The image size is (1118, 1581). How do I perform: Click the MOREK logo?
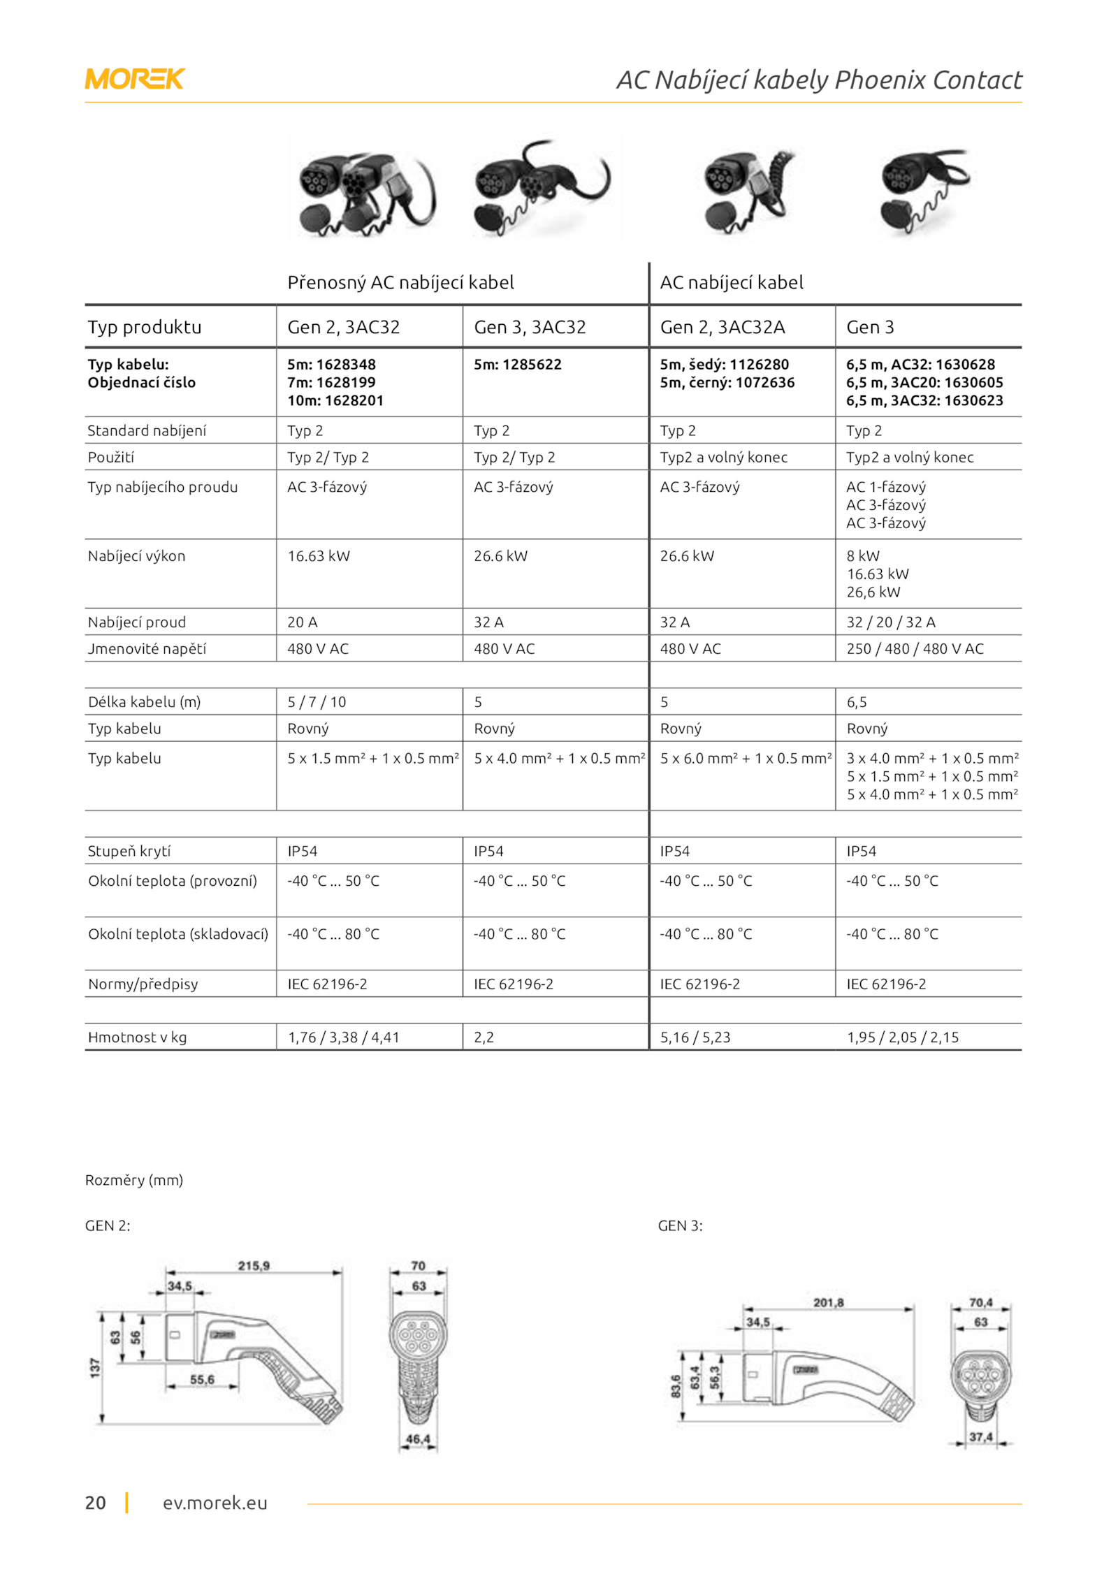(x=134, y=79)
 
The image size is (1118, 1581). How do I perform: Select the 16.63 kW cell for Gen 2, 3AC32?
(x=319, y=556)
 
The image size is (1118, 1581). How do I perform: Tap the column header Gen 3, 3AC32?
(x=530, y=327)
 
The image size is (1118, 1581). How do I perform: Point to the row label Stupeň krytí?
(x=129, y=851)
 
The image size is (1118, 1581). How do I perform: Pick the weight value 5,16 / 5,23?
(x=695, y=1037)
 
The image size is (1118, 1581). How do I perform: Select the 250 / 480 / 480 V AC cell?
(x=915, y=648)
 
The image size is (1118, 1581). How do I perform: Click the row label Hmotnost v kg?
(x=137, y=1037)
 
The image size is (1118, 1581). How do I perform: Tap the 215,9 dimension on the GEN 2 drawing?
(x=254, y=1266)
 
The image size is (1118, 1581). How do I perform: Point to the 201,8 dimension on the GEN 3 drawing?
(x=828, y=1303)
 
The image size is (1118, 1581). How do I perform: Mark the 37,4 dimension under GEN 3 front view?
(x=980, y=1437)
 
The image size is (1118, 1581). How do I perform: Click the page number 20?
(x=96, y=1503)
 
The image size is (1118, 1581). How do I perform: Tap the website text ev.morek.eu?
(x=215, y=1503)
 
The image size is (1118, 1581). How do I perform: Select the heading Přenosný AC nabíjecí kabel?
(x=400, y=282)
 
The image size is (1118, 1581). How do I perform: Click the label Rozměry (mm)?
(x=134, y=1180)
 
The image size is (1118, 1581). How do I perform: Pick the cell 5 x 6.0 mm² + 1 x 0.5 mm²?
(x=746, y=759)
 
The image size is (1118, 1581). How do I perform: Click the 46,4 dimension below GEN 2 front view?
(x=418, y=1439)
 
